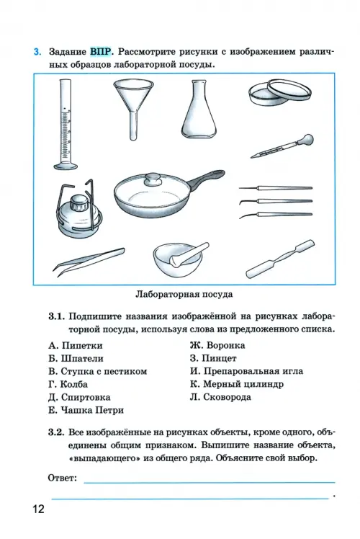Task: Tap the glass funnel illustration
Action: point(133,107)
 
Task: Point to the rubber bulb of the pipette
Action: point(307,140)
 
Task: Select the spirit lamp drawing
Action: point(79,208)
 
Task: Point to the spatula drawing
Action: point(280,259)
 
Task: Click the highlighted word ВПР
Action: point(101,52)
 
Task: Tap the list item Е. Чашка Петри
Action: point(86,410)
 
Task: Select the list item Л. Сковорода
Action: point(220,397)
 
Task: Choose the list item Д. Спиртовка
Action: point(79,397)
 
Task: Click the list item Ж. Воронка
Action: point(217,345)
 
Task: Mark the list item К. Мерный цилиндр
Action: point(237,384)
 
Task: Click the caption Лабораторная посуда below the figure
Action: point(184,294)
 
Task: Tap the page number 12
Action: point(39,509)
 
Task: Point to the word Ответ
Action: point(63,478)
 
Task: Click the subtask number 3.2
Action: point(57,432)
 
